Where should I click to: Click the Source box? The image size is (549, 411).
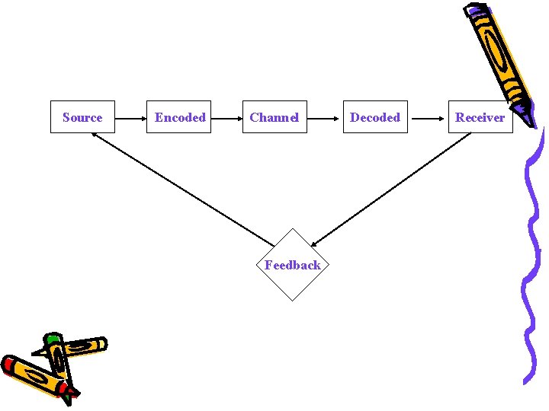82,117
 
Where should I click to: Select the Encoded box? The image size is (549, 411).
180,117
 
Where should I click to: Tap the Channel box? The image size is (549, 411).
274,117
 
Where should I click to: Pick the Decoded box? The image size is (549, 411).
374,117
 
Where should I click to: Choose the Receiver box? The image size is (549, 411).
480,117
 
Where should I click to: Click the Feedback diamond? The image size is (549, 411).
293,265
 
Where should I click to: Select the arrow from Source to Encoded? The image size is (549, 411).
131,118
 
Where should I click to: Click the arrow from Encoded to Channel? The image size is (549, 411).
226,118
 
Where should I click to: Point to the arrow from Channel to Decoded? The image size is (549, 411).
324,118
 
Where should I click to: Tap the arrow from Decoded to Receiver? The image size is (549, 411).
428,118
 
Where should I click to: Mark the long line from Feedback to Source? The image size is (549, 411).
183,189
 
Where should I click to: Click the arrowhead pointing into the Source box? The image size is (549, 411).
95,135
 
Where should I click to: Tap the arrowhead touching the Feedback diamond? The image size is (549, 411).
315,244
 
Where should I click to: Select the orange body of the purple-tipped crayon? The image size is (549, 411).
499,57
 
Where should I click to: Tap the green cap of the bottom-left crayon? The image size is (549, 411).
53,338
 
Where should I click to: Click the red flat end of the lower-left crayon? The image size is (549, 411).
8,363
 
